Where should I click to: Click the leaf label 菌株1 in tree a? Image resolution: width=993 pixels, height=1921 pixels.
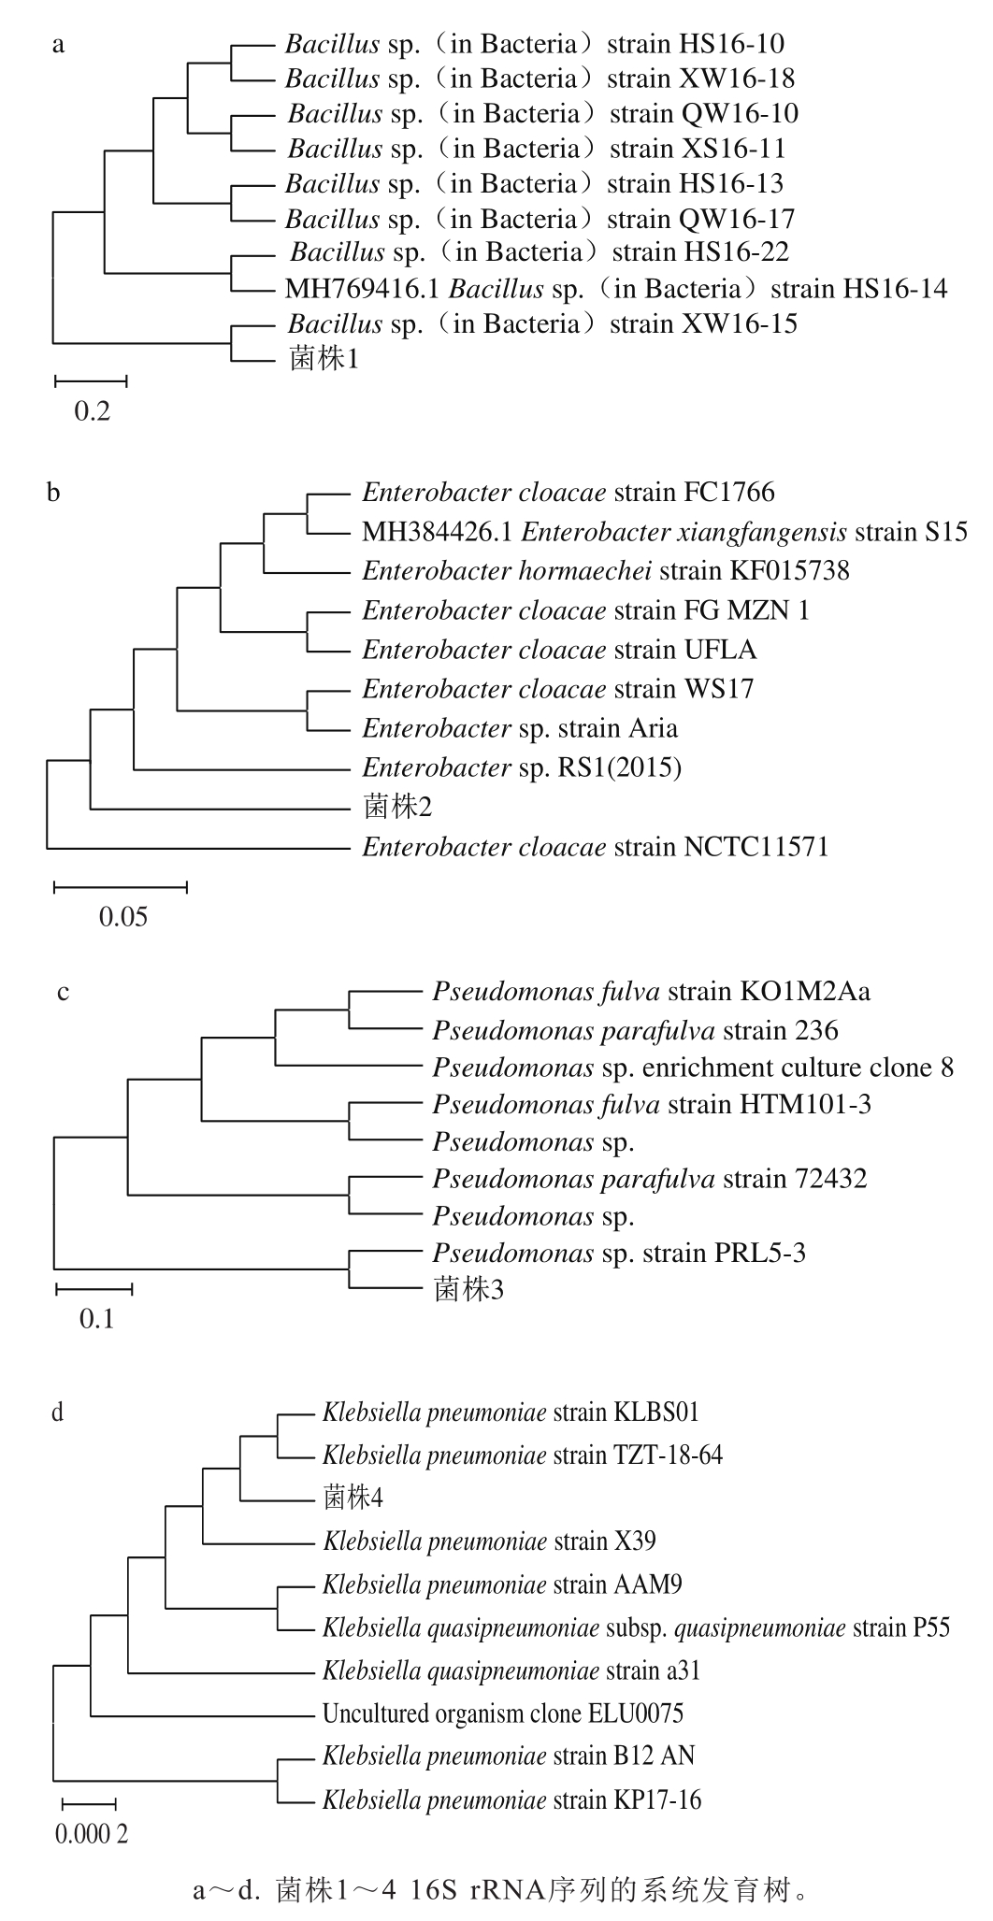pyautogui.click(x=324, y=359)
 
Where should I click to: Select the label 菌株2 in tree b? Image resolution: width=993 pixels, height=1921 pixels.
pyautogui.click(x=397, y=807)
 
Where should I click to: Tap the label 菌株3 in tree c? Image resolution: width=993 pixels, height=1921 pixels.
pyautogui.click(x=469, y=1290)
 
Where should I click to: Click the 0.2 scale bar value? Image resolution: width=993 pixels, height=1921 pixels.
pyautogui.click(x=92, y=410)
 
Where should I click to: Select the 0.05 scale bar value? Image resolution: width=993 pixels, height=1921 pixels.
pyautogui.click(x=123, y=915)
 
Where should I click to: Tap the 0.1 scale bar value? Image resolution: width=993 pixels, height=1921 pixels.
pyautogui.click(x=96, y=1319)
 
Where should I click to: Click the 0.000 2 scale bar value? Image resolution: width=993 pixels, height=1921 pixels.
pyautogui.click(x=92, y=1834)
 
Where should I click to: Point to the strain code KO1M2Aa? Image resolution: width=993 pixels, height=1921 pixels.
pyautogui.click(x=803, y=991)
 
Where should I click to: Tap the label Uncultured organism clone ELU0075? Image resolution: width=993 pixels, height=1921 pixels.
pyautogui.click(x=503, y=1713)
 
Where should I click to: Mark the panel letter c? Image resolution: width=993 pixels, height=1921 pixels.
pyautogui.click(x=63, y=992)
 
